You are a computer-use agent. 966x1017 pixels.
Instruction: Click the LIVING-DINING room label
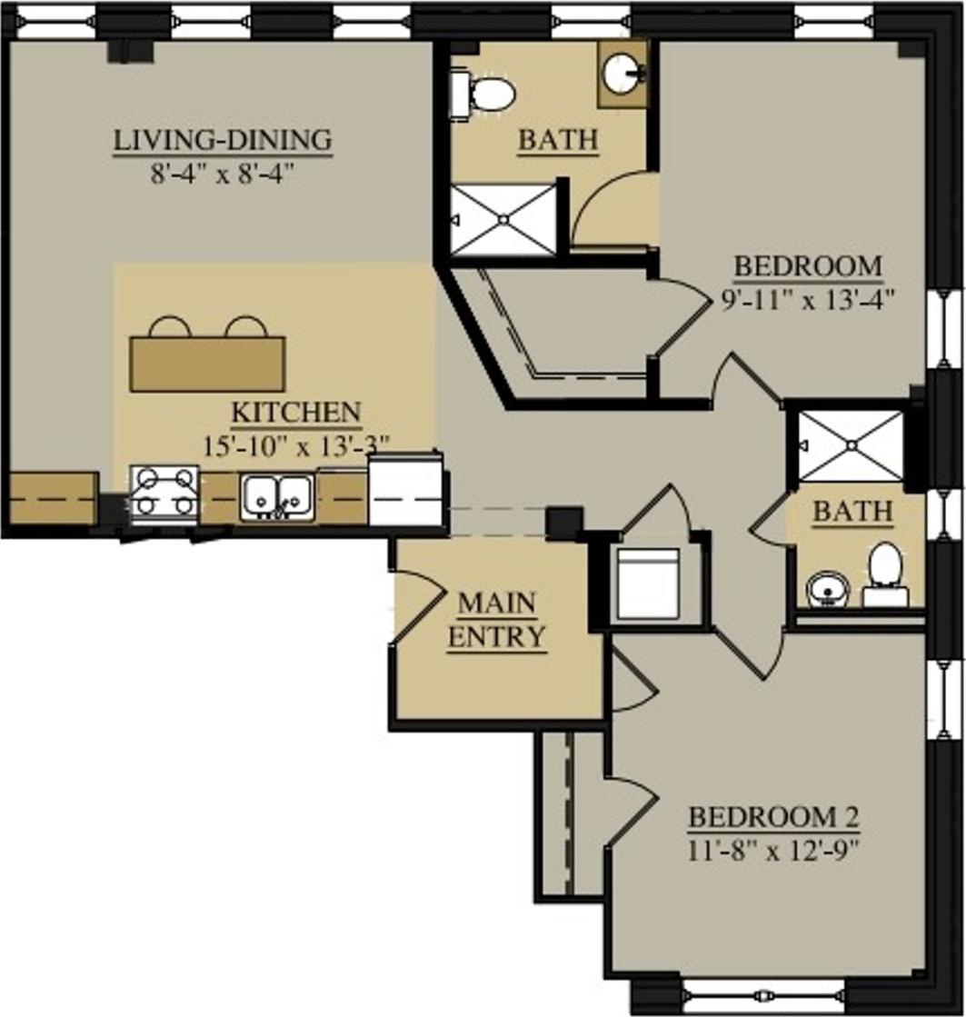pyautogui.click(x=222, y=142)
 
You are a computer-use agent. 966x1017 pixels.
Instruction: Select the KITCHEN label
pyautogui.click(x=296, y=413)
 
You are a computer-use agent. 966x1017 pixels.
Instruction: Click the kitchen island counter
pyautogui.click(x=207, y=364)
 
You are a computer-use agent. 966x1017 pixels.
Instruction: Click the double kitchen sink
pyautogui.click(x=278, y=498)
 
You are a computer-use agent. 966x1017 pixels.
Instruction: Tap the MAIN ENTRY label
pyautogui.click(x=496, y=619)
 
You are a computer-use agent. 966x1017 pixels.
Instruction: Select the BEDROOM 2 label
pyautogui.click(x=773, y=817)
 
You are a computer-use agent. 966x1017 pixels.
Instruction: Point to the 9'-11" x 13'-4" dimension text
pyautogui.click(x=808, y=299)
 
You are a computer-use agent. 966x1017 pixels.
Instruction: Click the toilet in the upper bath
pyautogui.click(x=489, y=91)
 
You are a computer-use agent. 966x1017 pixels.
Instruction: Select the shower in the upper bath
pyautogui.click(x=503, y=218)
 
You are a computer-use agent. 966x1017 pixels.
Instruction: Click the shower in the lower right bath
pyautogui.click(x=850, y=445)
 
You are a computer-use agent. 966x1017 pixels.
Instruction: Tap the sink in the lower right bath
pyautogui.click(x=827, y=590)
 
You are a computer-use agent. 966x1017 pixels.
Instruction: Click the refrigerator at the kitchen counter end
pyautogui.click(x=406, y=491)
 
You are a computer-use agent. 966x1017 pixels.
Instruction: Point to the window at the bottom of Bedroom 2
pyautogui.click(x=763, y=993)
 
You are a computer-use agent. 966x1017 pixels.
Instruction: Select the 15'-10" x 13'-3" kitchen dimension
pyautogui.click(x=298, y=444)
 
